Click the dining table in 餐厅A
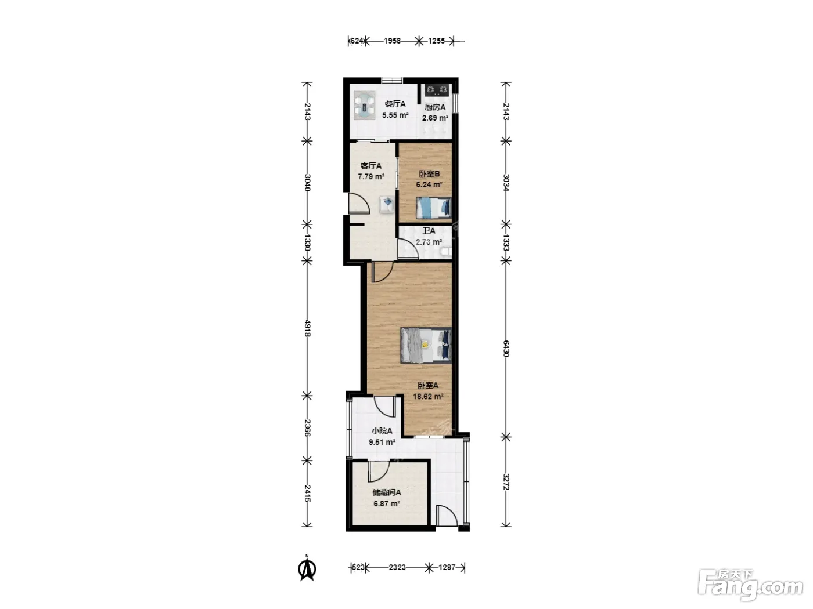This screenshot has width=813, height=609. (x=365, y=106)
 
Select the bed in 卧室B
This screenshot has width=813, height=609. (x=434, y=208)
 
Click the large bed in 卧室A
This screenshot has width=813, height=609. (x=426, y=345)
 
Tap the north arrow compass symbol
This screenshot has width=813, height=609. (x=307, y=570)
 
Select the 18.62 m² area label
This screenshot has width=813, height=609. (x=428, y=397)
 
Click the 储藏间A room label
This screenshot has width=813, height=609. (x=386, y=492)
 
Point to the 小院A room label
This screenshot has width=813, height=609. (x=382, y=431)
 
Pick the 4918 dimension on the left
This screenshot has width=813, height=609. (x=307, y=328)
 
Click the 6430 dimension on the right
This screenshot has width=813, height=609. (x=506, y=349)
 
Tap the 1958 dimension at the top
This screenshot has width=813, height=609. (x=392, y=41)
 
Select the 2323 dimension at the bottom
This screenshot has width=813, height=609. (x=397, y=567)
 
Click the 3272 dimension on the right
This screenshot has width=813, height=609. (x=506, y=482)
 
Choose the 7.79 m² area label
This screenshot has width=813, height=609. (x=370, y=177)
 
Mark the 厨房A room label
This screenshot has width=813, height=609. (x=435, y=107)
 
